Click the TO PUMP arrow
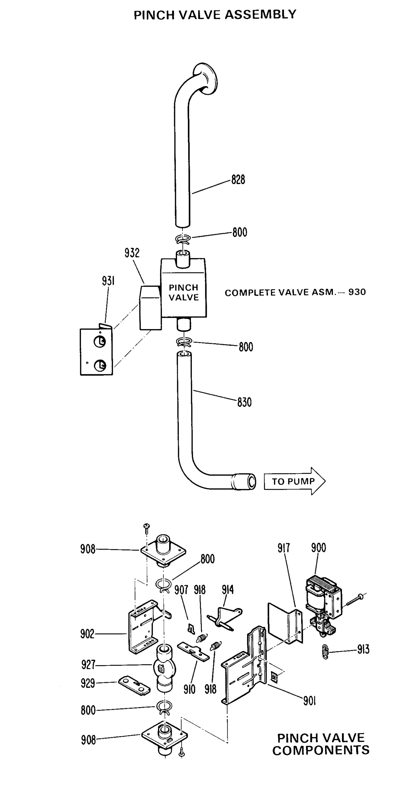click(x=294, y=481)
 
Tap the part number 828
click(x=238, y=180)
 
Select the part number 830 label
click(x=244, y=402)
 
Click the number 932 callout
click(x=132, y=253)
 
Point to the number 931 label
click(x=108, y=281)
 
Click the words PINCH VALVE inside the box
click(x=184, y=292)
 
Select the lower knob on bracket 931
click(x=100, y=365)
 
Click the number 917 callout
click(x=283, y=548)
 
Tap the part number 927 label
click(x=88, y=664)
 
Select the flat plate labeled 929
click(x=134, y=687)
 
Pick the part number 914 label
click(x=228, y=589)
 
